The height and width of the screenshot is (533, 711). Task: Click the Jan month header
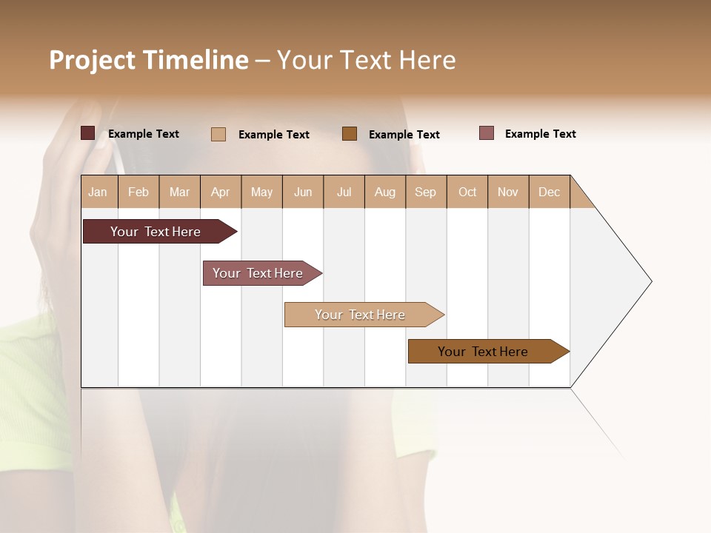[x=99, y=192]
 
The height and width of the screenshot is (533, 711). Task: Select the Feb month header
[x=138, y=192]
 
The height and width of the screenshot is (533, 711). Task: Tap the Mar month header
[x=179, y=192]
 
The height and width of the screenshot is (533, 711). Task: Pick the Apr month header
[x=221, y=192]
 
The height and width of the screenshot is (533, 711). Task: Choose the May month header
[x=261, y=192]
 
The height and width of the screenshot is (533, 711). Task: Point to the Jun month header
[x=303, y=192]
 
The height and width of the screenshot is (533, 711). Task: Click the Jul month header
[x=344, y=192]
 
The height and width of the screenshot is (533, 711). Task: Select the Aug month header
[x=385, y=192]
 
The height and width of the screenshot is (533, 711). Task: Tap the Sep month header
[x=426, y=192]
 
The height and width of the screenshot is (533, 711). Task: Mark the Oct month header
[x=467, y=192]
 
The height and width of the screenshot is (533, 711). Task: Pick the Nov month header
[x=508, y=192]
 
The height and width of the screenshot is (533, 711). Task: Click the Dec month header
[x=550, y=192]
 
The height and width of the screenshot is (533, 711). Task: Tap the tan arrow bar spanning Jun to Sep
[x=361, y=315]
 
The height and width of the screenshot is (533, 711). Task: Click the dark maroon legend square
[x=88, y=133]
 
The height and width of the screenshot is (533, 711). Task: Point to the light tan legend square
[x=218, y=134]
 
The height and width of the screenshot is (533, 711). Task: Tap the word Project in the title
[x=93, y=60]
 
